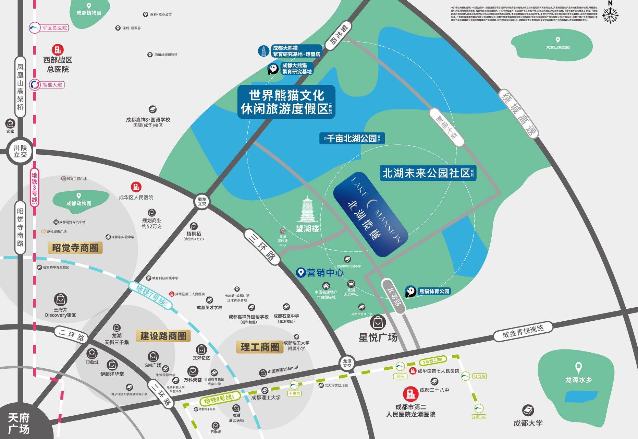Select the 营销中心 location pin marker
pyautogui.click(x=300, y=272)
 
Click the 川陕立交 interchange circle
pyautogui.click(x=20, y=151)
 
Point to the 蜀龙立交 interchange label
pyautogui.click(x=202, y=201)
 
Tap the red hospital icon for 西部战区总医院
pyautogui.click(x=58, y=49)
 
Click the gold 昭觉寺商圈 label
pyautogui.click(x=75, y=248)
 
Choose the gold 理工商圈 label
pyautogui.click(x=260, y=347)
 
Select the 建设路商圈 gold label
pyautogui.click(x=163, y=336)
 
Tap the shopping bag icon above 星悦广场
pyautogui.click(x=378, y=322)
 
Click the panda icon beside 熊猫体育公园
pyautogui.click(x=410, y=292)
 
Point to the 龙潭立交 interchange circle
pyautogui.click(x=347, y=363)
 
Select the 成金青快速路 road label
pyautogui.click(x=523, y=332)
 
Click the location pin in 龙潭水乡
pyautogui.click(x=578, y=368)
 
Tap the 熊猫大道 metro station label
pyautogui.click(x=52, y=85)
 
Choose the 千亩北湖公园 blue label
pyautogui.click(x=352, y=139)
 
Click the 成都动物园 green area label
pyautogui.click(x=79, y=203)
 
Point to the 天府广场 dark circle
pyautogui.click(x=19, y=423)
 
